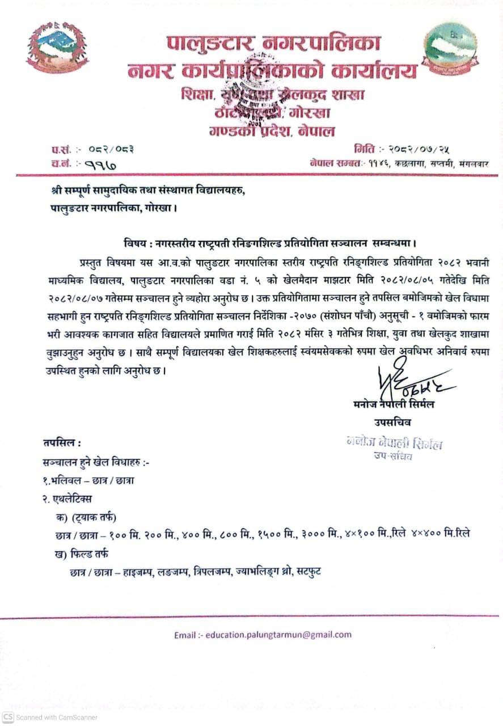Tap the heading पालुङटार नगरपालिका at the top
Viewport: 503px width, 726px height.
274,43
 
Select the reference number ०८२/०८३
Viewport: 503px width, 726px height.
111,150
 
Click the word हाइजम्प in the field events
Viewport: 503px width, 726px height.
138,571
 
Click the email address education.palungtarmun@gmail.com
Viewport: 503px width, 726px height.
278,635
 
